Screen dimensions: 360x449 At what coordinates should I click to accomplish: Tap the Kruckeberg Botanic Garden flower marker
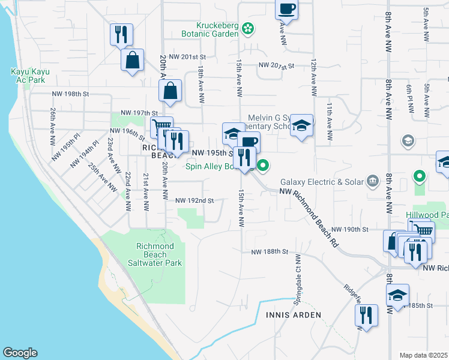pyautogui.click(x=247, y=28)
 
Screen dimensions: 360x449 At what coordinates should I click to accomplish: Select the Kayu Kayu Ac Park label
pyautogui.click(x=30, y=76)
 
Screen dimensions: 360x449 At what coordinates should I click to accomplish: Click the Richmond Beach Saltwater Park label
pyautogui.click(x=155, y=254)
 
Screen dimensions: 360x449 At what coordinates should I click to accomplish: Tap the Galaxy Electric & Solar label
pyautogui.click(x=321, y=182)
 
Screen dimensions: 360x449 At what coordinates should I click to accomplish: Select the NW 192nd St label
pyautogui.click(x=194, y=201)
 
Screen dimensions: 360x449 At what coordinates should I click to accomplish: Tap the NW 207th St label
pyautogui.click(x=277, y=65)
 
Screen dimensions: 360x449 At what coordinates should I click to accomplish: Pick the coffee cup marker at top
pyautogui.click(x=286, y=10)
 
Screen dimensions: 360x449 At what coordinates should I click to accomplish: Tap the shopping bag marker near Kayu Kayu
pyautogui.click(x=132, y=60)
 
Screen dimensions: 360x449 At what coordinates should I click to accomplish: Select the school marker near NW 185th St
pyautogui.click(x=397, y=295)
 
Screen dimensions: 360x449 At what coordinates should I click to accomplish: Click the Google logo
pyautogui.click(x=20, y=353)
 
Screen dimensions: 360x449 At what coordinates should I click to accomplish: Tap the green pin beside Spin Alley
pyautogui.click(x=263, y=165)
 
